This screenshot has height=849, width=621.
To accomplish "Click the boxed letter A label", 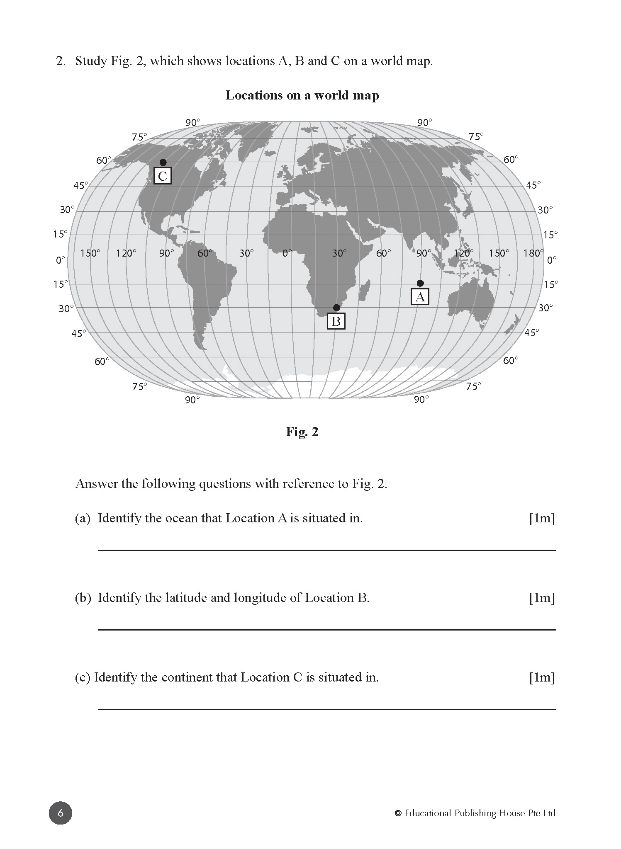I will tap(420, 297).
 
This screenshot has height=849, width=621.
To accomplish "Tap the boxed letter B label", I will tap(336, 321).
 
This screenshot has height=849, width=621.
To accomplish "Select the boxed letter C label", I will tap(163, 176).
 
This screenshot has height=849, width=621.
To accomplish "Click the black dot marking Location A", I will tap(420, 283).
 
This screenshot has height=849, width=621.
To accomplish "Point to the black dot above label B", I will tap(336, 308).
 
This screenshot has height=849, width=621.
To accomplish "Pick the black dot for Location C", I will tap(163, 162).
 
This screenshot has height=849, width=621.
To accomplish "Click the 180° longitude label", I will tap(533, 253).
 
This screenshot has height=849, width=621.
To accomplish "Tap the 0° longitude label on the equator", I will tap(287, 253).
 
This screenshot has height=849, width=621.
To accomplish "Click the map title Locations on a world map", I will tap(302, 95).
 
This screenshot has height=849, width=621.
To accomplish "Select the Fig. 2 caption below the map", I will tap(302, 432).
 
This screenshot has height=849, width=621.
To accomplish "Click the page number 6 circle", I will tap(61, 813).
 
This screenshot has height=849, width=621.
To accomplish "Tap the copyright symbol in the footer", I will tap(398, 813).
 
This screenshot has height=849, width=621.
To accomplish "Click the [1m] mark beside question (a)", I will tap(542, 518).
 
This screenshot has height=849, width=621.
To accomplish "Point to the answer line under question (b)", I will tap(326, 630).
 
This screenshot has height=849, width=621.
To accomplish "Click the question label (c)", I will tap(82, 677).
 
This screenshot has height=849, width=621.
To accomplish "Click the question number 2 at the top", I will tap(61, 61).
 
